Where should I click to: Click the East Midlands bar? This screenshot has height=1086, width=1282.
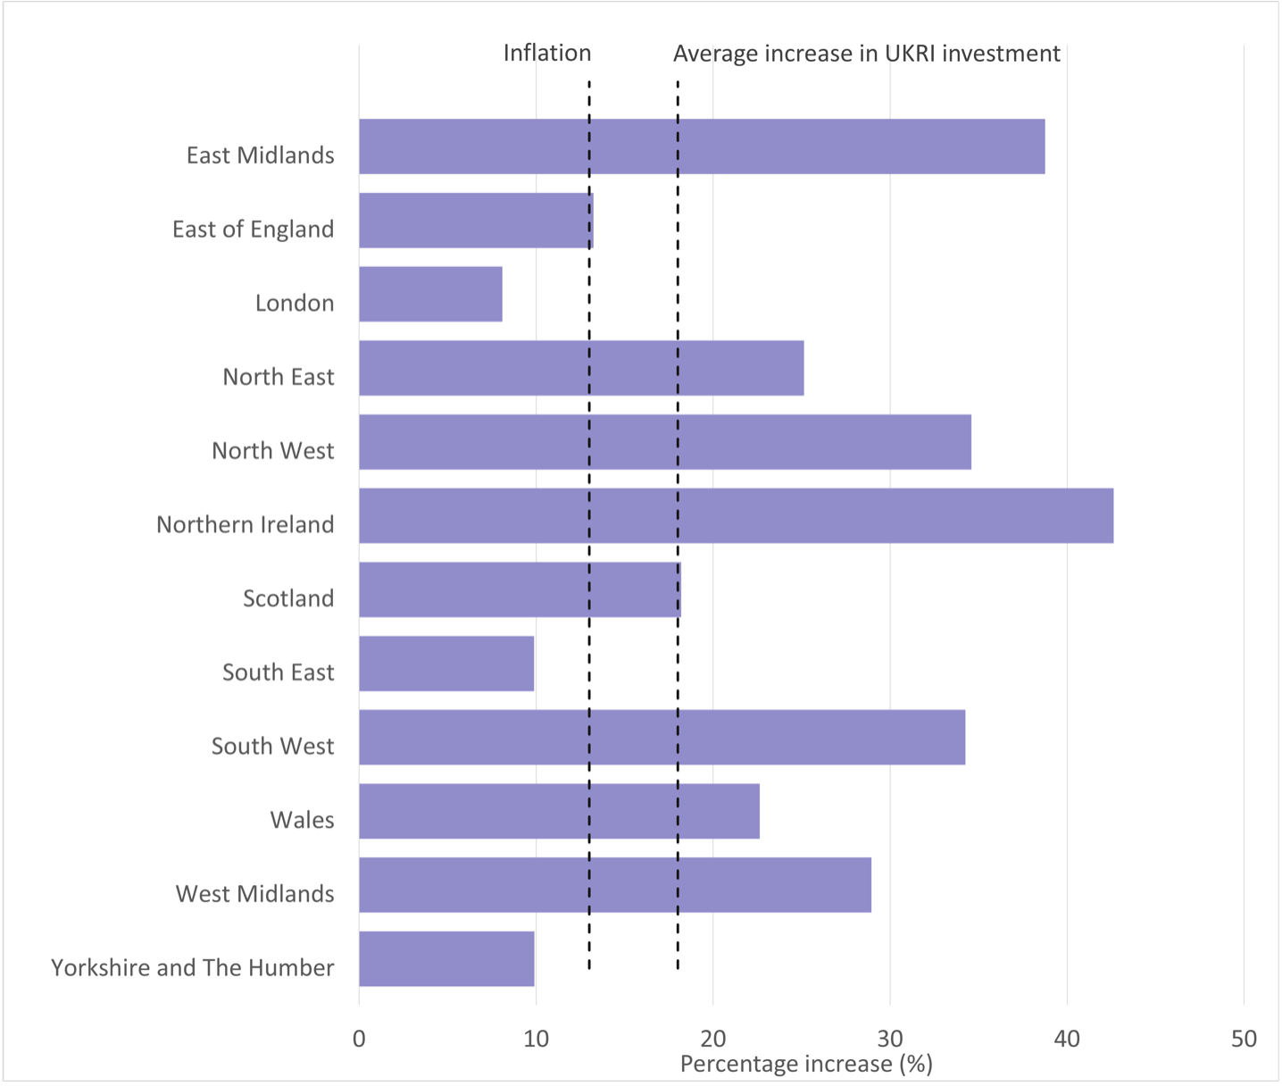coord(702,146)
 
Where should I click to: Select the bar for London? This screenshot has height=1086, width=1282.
coord(430,294)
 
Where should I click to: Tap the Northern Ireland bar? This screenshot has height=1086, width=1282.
coord(736,515)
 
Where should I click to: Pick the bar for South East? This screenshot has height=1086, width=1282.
coord(446,664)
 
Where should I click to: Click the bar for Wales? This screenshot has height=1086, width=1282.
coord(559,811)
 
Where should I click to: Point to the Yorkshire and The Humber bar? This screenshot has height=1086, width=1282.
coord(446,958)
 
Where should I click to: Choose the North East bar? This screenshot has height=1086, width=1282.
coord(581,368)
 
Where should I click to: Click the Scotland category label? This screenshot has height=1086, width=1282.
coord(288,598)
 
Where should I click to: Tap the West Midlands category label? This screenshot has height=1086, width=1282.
coord(254,894)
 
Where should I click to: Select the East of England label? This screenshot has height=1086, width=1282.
coord(253,230)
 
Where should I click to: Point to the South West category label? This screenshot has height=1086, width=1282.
coord(272,747)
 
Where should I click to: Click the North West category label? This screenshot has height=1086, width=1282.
coord(272,451)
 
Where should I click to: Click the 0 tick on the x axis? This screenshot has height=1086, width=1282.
coord(359,1039)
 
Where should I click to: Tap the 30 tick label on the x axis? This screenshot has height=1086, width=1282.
coord(889,1039)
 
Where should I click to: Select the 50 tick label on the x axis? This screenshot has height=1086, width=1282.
coord(1243,1039)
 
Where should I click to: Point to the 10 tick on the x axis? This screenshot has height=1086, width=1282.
coord(536,1039)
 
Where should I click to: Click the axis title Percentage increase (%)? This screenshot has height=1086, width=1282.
coord(805,1064)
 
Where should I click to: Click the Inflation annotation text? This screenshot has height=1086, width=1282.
coord(546,54)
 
